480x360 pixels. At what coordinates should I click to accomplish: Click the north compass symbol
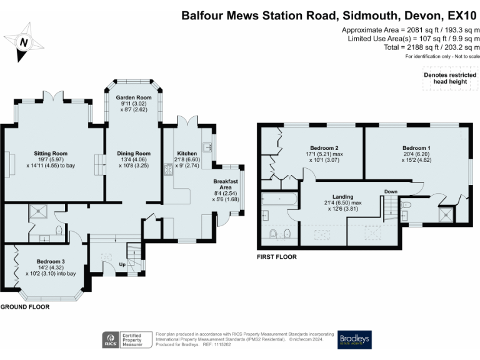[x=24, y=41]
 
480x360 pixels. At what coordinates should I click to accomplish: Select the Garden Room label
[x=134, y=98]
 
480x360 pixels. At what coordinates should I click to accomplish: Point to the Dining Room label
[x=134, y=154]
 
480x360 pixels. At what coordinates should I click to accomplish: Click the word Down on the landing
[x=391, y=191]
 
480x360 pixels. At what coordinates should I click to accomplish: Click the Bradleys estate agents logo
[x=354, y=339]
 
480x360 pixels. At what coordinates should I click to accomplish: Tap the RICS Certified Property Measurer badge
[x=127, y=339]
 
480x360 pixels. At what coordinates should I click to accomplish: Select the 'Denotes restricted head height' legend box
[x=446, y=78]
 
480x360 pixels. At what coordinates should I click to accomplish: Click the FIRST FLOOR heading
[x=276, y=257]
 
